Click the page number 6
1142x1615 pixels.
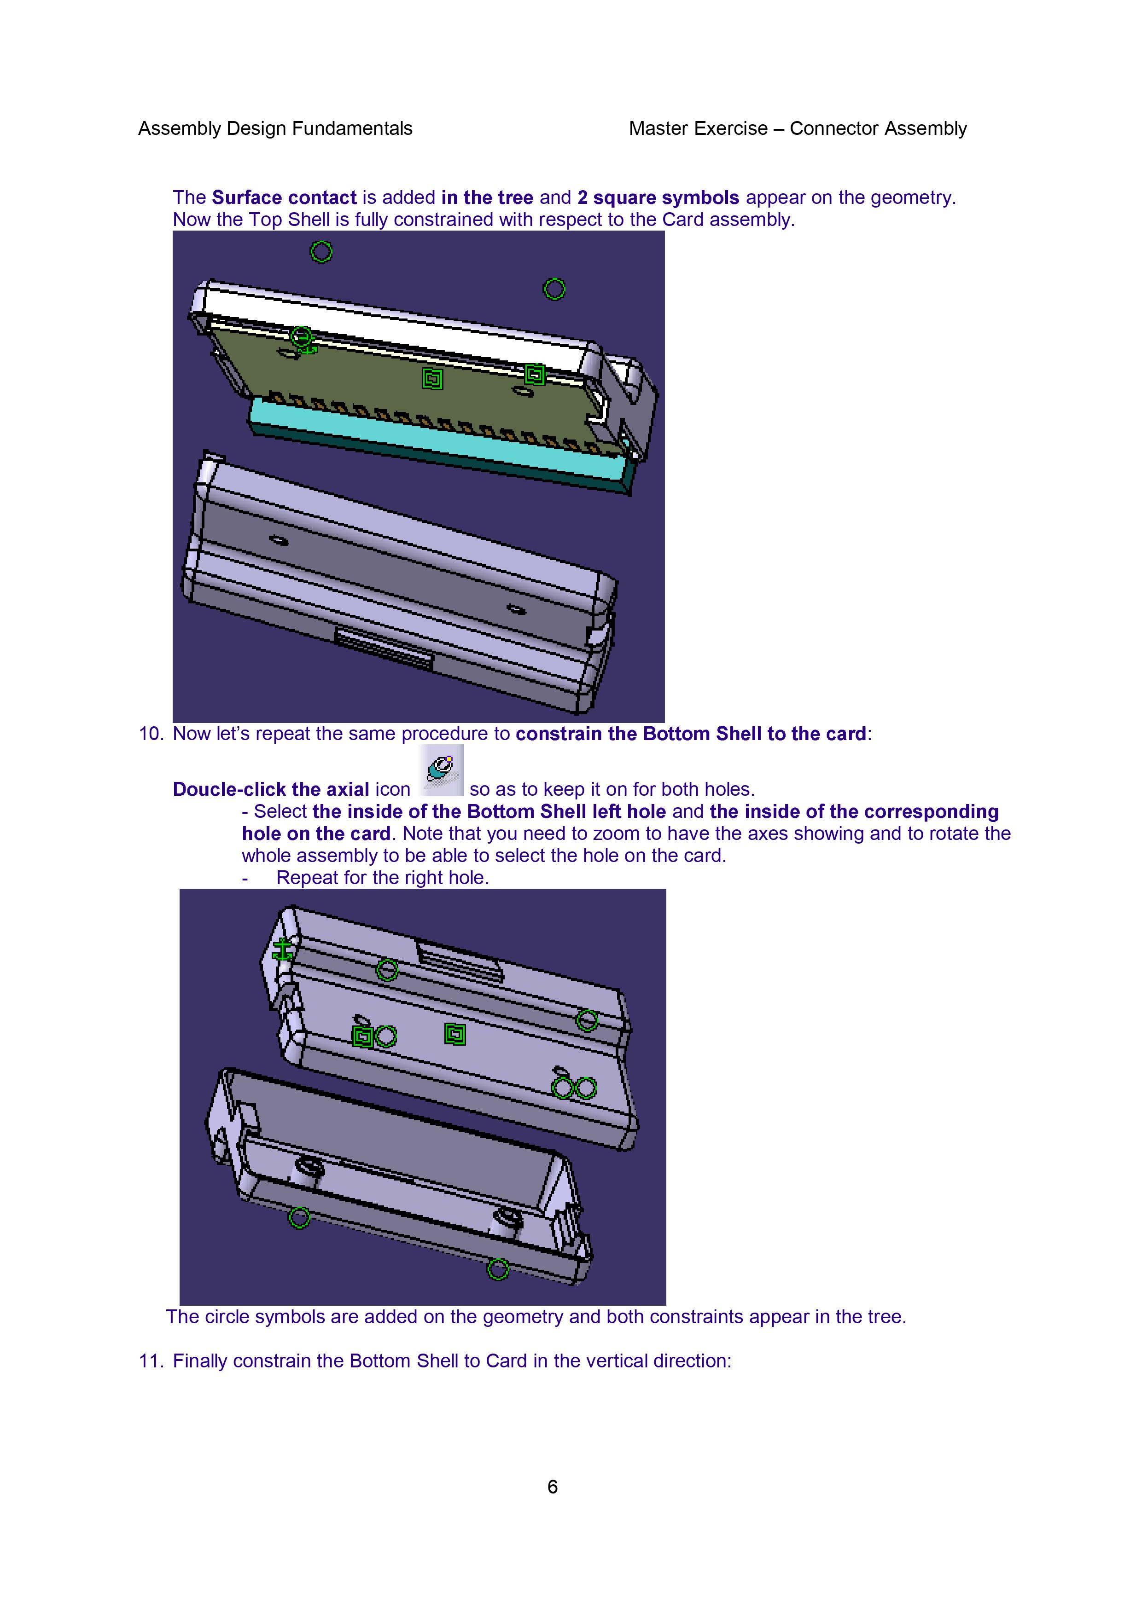click(553, 1486)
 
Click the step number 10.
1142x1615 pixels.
click(151, 734)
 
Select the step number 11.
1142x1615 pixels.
click(151, 1360)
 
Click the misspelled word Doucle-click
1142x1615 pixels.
click(229, 790)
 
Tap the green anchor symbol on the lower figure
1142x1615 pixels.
click(283, 949)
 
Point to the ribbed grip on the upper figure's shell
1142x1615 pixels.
click(384, 648)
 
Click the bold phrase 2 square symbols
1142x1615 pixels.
click(658, 197)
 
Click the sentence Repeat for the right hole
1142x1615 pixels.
click(382, 878)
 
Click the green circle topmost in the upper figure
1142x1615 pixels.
click(321, 252)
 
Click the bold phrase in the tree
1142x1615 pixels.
click(488, 197)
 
